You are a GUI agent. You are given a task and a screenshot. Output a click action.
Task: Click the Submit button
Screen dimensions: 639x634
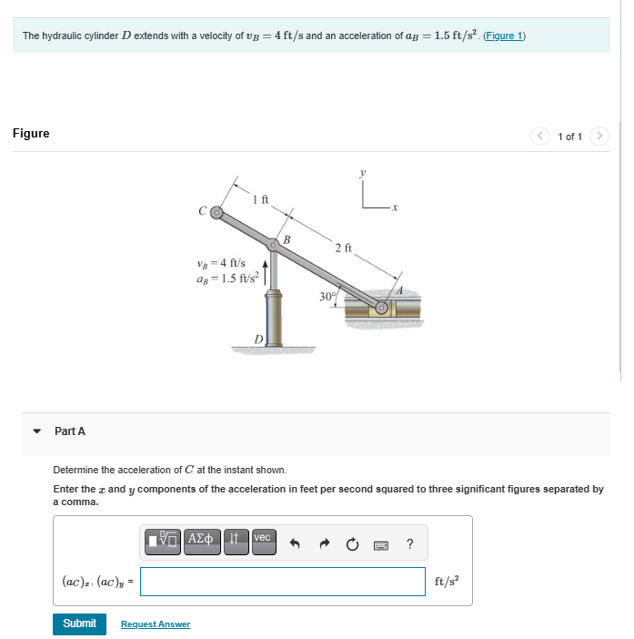(79, 624)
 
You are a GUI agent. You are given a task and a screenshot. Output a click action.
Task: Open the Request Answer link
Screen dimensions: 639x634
(156, 624)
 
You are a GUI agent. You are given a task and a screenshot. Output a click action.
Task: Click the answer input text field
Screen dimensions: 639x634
(282, 582)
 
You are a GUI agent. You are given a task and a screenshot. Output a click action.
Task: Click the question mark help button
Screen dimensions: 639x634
(410, 544)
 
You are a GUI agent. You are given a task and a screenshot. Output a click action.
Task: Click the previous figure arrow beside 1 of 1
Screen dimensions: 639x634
(540, 136)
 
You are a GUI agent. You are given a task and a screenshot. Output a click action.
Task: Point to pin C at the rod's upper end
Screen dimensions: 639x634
(216, 213)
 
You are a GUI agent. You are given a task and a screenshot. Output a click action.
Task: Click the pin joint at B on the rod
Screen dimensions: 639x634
(273, 244)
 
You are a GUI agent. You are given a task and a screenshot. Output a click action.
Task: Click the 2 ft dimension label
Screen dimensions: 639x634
(343, 248)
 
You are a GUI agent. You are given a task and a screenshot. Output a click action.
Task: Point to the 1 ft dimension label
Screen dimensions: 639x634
(260, 199)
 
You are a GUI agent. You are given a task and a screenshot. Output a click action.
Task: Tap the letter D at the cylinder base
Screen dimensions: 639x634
(258, 339)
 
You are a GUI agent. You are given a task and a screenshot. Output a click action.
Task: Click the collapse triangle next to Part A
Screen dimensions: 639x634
(37, 431)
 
